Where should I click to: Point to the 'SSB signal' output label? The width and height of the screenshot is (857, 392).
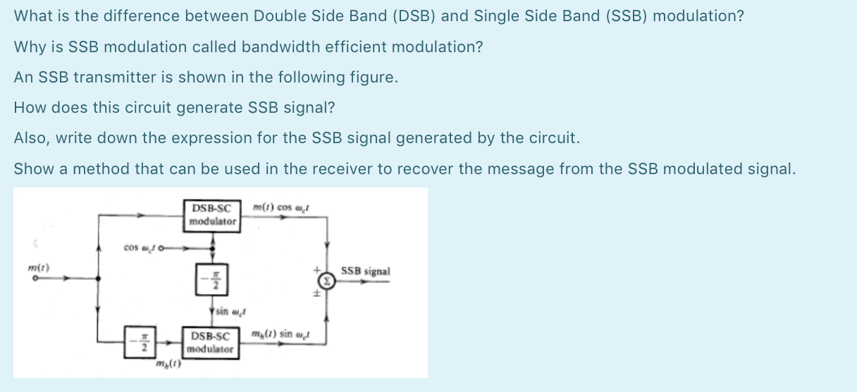click(365, 271)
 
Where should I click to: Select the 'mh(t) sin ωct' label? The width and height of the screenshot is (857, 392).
click(280, 333)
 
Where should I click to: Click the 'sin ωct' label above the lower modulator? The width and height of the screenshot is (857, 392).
click(226, 311)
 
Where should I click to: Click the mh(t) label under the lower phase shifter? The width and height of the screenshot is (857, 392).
click(169, 365)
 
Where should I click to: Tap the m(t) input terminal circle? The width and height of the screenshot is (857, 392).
click(32, 278)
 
